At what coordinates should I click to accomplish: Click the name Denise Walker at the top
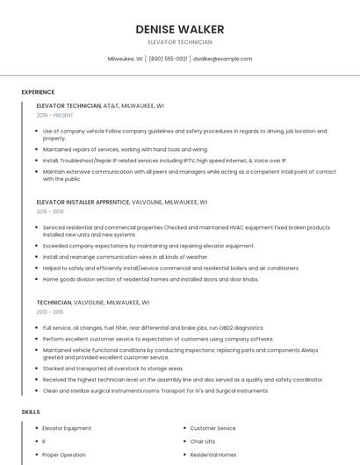pyautogui.click(x=179, y=30)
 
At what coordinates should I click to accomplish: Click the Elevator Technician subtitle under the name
pyautogui.click(x=179, y=42)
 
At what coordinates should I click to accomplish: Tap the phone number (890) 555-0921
pyautogui.click(x=168, y=59)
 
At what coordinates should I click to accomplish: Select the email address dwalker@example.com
pyautogui.click(x=222, y=59)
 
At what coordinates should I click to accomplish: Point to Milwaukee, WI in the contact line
pyautogui.click(x=126, y=59)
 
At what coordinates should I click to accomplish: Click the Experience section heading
pyautogui.click(x=38, y=92)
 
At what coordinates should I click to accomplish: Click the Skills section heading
pyautogui.click(x=30, y=411)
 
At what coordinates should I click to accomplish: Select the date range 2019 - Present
pyautogui.click(x=54, y=115)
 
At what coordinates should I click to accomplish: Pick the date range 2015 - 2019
pyautogui.click(x=50, y=211)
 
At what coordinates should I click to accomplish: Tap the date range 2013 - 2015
pyautogui.click(x=50, y=311)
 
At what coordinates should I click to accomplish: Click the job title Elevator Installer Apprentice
pyautogui.click(x=83, y=202)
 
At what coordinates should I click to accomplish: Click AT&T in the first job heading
pyautogui.click(x=112, y=105)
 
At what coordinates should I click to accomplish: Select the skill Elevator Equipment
pyautogui.click(x=67, y=428)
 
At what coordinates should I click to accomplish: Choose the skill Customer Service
pyautogui.click(x=212, y=428)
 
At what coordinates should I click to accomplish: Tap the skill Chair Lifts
pyautogui.click(x=203, y=441)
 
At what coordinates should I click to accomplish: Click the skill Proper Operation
pyautogui.click(x=64, y=454)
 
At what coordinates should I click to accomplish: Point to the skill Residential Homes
pyautogui.click(x=213, y=454)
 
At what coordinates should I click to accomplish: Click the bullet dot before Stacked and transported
pyautogui.click(x=37, y=368)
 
